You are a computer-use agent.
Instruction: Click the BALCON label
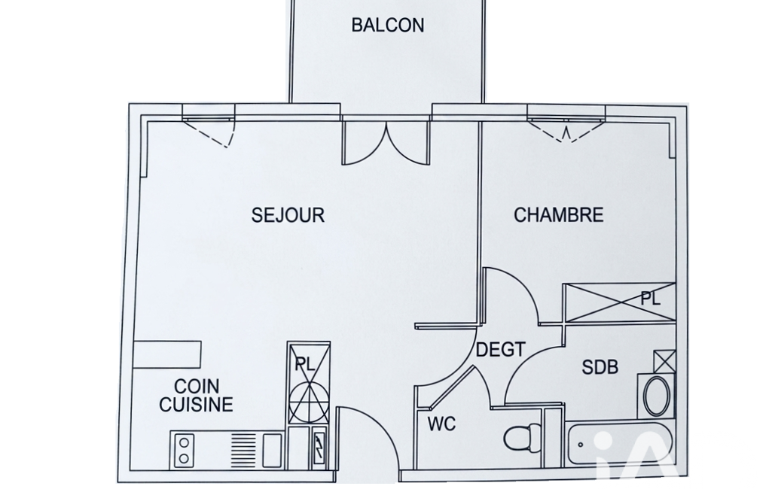click(x=387, y=25)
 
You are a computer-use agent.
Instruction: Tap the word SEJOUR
click(x=288, y=215)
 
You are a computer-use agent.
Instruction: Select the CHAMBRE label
click(x=558, y=215)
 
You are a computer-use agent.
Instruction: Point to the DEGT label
click(x=501, y=350)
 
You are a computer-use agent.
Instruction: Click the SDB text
click(x=600, y=367)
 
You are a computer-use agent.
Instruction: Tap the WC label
click(x=441, y=424)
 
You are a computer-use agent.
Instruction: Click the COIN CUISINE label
click(x=196, y=395)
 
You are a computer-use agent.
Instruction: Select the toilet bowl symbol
click(x=523, y=437)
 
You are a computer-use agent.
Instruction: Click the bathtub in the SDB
click(x=619, y=444)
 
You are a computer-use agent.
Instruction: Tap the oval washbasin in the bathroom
click(x=657, y=396)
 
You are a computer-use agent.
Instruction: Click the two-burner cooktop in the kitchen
click(x=183, y=451)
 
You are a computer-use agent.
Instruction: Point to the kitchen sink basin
click(x=272, y=451)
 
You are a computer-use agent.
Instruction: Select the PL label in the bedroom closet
click(x=651, y=298)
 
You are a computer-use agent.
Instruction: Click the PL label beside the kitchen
click(x=305, y=365)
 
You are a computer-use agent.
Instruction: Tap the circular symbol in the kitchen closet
click(x=308, y=402)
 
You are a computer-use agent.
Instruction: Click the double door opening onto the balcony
click(x=386, y=143)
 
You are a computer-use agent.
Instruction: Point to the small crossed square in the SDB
click(x=664, y=362)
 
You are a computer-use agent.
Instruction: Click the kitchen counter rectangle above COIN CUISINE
click(x=167, y=354)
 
